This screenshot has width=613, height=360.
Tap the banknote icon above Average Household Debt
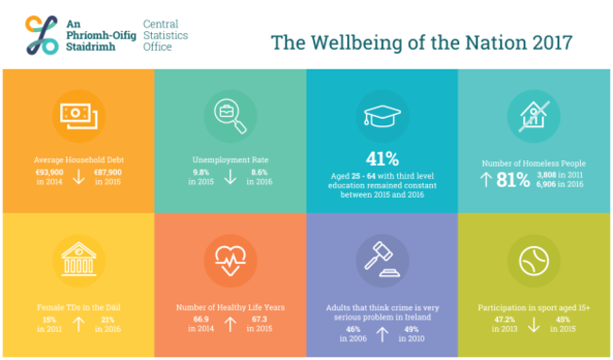(76, 115)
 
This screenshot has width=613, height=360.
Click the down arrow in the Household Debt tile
(79, 177)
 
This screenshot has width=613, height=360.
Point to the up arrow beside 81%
(486, 179)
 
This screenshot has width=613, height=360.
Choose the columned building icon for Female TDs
(76, 260)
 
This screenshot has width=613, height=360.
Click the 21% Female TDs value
(107, 320)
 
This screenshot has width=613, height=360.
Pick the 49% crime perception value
(411, 329)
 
